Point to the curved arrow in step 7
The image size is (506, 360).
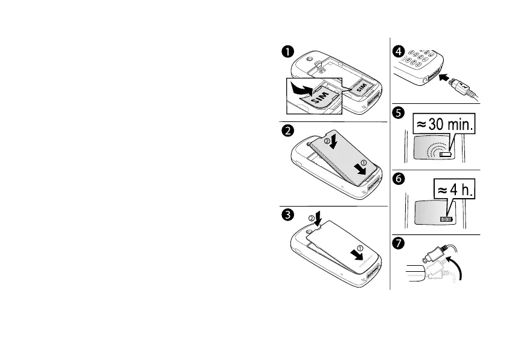click(x=457, y=266)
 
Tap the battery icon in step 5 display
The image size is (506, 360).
click(x=445, y=155)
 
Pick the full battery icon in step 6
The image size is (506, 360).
click(x=447, y=221)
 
